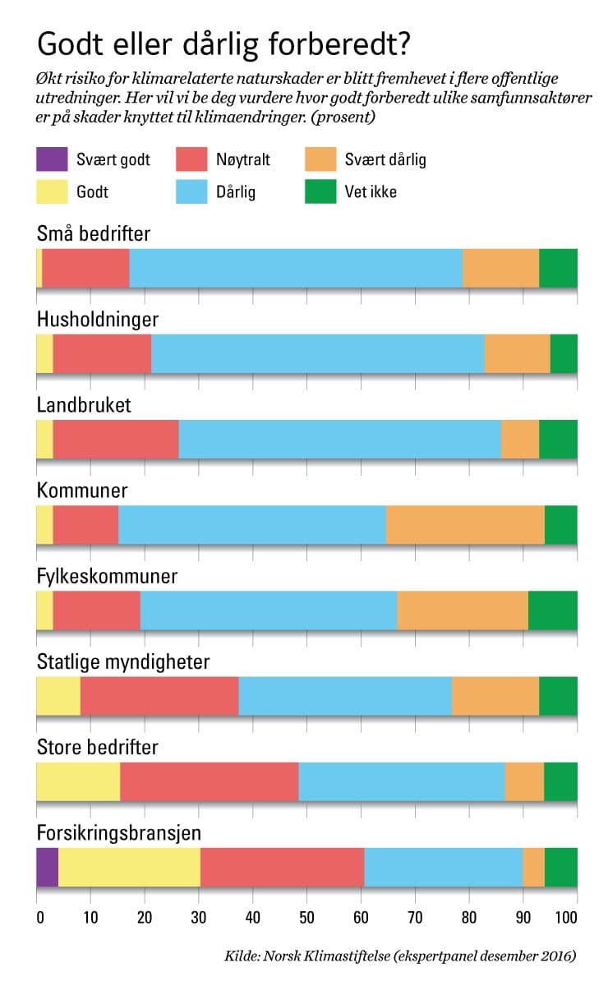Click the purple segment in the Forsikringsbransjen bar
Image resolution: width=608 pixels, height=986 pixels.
[47, 866]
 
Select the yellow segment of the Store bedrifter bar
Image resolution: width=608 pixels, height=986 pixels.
[78, 781]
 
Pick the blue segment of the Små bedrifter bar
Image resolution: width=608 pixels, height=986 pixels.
[296, 268]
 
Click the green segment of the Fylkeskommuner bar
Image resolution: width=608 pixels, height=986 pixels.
[552, 610]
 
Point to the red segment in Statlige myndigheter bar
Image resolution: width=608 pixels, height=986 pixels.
[159, 696]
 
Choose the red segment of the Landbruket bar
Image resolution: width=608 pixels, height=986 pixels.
[116, 439]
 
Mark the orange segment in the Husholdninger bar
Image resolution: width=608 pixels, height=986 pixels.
[517, 354]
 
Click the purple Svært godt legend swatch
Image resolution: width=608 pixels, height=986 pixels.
[51, 159]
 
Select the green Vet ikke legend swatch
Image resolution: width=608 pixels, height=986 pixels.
[320, 192]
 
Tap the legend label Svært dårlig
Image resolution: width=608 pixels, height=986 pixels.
[385, 159]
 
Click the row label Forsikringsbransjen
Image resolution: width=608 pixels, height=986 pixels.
[119, 833]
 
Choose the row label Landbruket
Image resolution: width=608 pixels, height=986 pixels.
[84, 406]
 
